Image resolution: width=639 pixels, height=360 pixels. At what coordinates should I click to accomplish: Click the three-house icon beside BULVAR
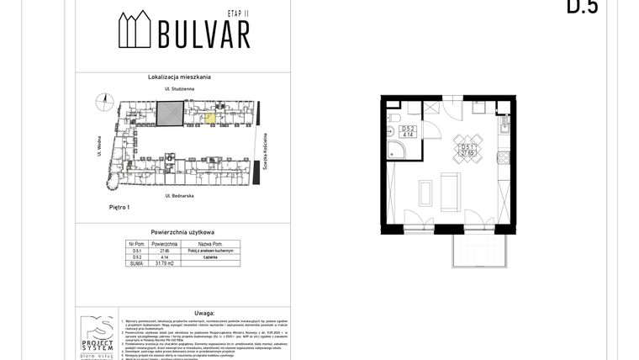[x=135, y=31]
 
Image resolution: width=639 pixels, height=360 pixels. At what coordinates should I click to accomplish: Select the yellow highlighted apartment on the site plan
[x=209, y=119]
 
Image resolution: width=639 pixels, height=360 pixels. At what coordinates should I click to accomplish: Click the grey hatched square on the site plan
[x=172, y=114]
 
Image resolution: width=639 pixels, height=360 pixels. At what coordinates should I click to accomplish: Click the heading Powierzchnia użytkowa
[x=182, y=230]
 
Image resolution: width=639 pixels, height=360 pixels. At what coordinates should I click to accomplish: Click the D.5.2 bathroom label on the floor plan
[x=407, y=131]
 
